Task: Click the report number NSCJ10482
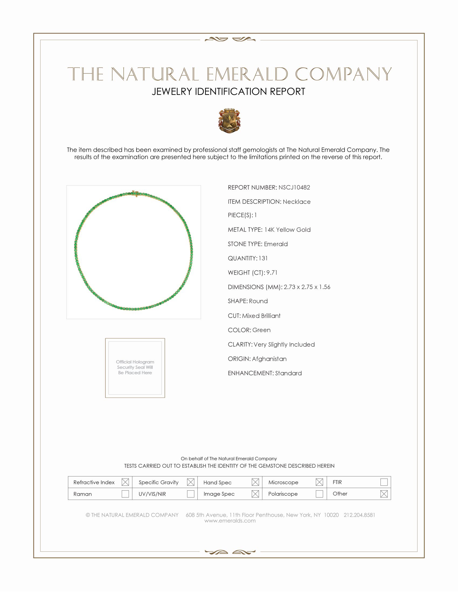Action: [x=294, y=188]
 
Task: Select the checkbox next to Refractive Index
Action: [x=125, y=482]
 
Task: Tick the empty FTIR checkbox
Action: [x=384, y=482]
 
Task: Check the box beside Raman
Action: [x=125, y=494]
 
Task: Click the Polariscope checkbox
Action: [x=319, y=494]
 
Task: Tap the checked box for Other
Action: [x=384, y=494]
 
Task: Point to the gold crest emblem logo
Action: [x=229, y=121]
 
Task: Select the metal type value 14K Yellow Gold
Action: [x=287, y=230]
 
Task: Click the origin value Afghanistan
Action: [x=269, y=359]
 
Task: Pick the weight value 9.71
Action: [x=272, y=273]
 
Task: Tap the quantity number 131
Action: [x=263, y=258]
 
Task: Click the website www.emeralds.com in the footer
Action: [x=230, y=521]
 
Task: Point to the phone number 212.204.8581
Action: [x=359, y=515]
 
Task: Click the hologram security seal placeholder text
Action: [x=135, y=367]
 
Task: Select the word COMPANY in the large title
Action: [x=343, y=74]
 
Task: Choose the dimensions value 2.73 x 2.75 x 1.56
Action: [x=307, y=287]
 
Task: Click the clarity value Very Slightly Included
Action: [x=284, y=344]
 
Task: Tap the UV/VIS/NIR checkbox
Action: [x=191, y=494]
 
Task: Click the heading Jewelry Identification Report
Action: [x=228, y=91]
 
